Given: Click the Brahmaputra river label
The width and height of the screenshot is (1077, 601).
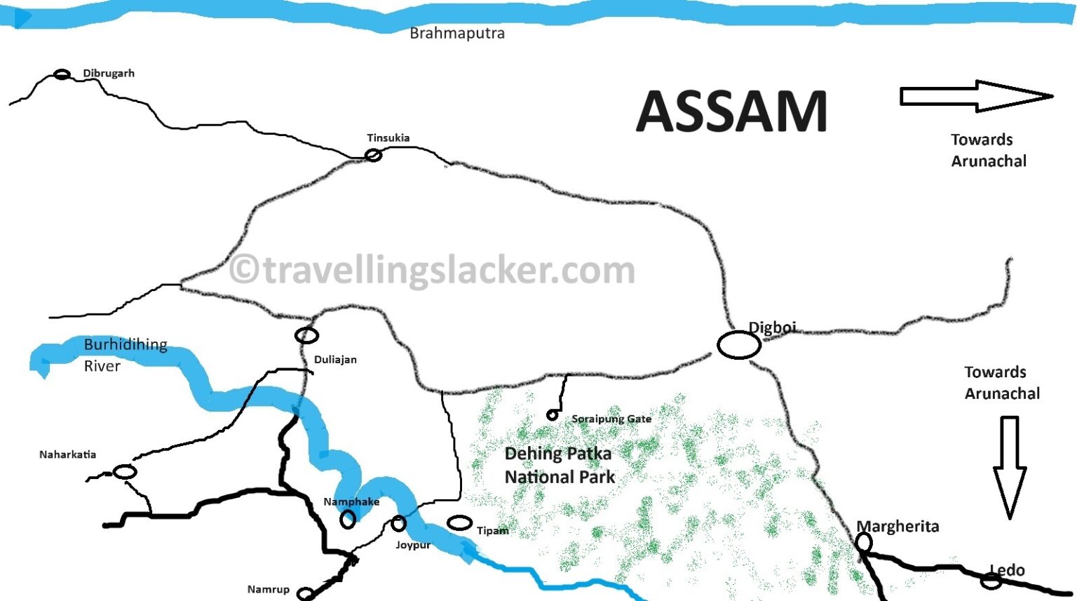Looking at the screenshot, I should [x=457, y=34].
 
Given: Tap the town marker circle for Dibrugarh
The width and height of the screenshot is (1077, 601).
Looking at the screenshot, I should [x=62, y=74].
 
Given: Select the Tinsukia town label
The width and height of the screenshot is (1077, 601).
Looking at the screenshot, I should [x=388, y=138].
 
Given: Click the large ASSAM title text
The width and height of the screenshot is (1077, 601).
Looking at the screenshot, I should [x=731, y=112].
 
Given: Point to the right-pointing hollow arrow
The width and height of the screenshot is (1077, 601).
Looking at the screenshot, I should [x=976, y=96].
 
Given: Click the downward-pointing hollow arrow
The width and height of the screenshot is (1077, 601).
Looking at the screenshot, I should [x=1010, y=466].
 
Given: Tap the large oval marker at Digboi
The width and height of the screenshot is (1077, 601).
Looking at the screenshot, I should [x=739, y=345].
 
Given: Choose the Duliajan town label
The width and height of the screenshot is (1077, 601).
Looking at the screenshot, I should [x=335, y=360].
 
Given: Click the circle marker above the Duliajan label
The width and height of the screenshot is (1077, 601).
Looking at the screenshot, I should [x=306, y=336].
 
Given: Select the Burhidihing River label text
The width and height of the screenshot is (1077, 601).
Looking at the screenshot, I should [x=125, y=355].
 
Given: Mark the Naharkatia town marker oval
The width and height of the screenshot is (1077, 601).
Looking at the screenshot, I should [x=125, y=472].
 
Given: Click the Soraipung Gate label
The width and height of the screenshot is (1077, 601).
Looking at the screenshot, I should [x=611, y=419].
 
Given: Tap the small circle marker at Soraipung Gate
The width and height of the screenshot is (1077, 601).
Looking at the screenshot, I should [x=552, y=416].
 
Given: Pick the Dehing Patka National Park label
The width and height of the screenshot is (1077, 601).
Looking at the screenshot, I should [x=559, y=465].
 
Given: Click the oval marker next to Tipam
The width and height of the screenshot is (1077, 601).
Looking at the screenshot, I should [x=459, y=523].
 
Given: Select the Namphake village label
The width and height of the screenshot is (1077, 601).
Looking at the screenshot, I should [x=351, y=502].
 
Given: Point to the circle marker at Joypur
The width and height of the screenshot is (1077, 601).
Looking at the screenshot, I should [x=398, y=523].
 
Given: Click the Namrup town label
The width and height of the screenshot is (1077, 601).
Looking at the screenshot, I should [x=268, y=590].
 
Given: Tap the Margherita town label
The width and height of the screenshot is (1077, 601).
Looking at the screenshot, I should [x=898, y=527].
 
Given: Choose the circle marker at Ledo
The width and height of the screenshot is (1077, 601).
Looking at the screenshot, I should [x=991, y=581].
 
